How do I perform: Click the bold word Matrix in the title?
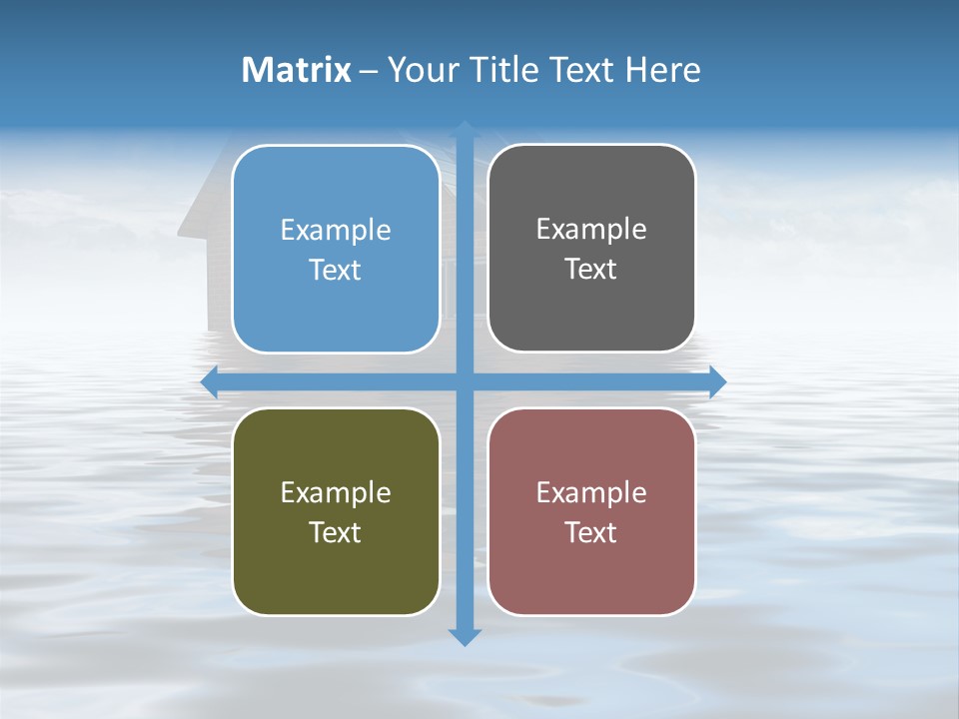297,70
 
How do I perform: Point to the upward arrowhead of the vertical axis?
465,130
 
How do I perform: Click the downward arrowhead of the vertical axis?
465,636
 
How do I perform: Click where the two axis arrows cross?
465,382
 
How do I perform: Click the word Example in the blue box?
336,231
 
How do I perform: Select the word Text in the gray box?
591,270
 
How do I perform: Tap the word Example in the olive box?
336,492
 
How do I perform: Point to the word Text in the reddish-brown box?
591,532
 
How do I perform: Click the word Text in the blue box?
336,271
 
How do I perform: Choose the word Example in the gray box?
591,230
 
